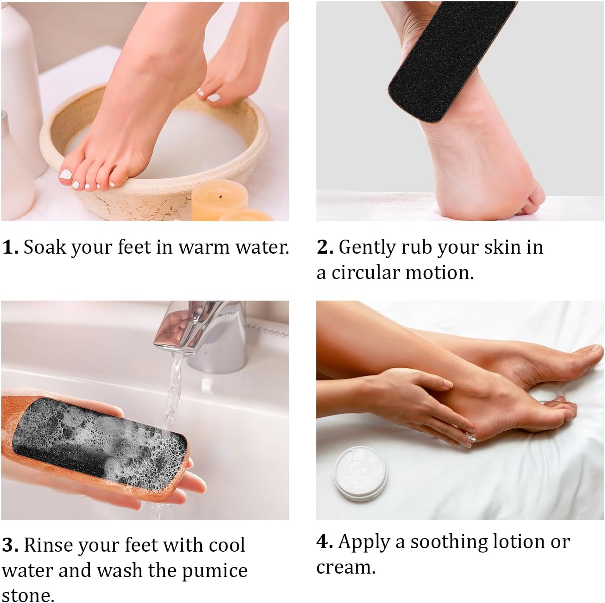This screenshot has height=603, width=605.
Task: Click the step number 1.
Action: point(10,247)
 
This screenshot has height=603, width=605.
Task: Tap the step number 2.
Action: point(325,247)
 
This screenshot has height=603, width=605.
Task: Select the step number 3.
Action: point(10,545)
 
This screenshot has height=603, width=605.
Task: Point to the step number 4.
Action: point(325,542)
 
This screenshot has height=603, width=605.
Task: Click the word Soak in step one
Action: point(44,247)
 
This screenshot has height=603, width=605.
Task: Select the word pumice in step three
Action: point(214,571)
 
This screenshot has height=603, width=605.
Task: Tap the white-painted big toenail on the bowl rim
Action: point(66,175)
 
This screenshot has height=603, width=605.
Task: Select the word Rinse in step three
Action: point(47,545)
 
